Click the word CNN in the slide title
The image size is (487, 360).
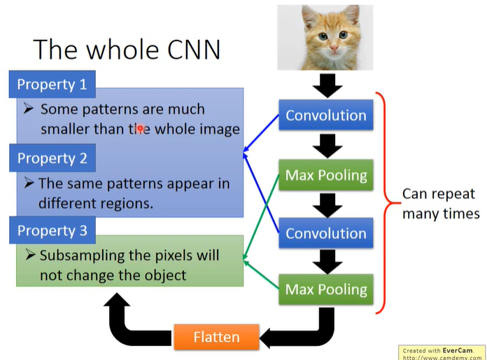189,48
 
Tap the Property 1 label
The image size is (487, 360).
52,85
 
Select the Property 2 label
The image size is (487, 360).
52,158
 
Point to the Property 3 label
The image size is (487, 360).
52,230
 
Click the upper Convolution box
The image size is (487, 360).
325,116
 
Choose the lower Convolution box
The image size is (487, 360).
325,233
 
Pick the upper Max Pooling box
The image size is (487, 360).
325,175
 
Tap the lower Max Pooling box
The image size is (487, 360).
325,289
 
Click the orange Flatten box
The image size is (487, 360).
216,337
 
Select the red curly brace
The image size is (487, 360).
383,203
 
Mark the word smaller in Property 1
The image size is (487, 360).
69,129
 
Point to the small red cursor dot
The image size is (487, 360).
140,129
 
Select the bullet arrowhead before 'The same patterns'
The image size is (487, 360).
29,183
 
